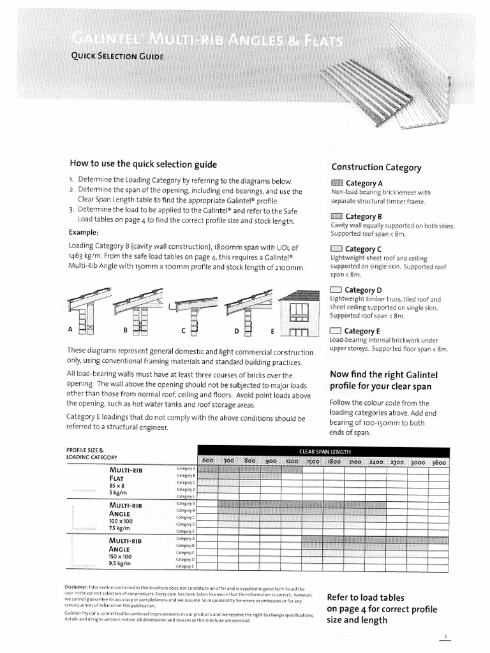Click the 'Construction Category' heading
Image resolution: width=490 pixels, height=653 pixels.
point(376,167)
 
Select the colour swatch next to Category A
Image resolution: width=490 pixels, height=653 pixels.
point(336,184)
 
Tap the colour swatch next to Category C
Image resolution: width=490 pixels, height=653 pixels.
point(336,249)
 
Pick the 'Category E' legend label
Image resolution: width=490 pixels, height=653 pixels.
point(362,331)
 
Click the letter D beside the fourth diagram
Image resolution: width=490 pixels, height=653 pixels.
point(236,330)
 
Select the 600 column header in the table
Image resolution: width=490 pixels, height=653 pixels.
point(207,460)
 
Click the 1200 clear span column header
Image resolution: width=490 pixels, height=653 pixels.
point(292,460)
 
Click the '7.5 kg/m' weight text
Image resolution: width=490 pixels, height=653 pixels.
point(119,528)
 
